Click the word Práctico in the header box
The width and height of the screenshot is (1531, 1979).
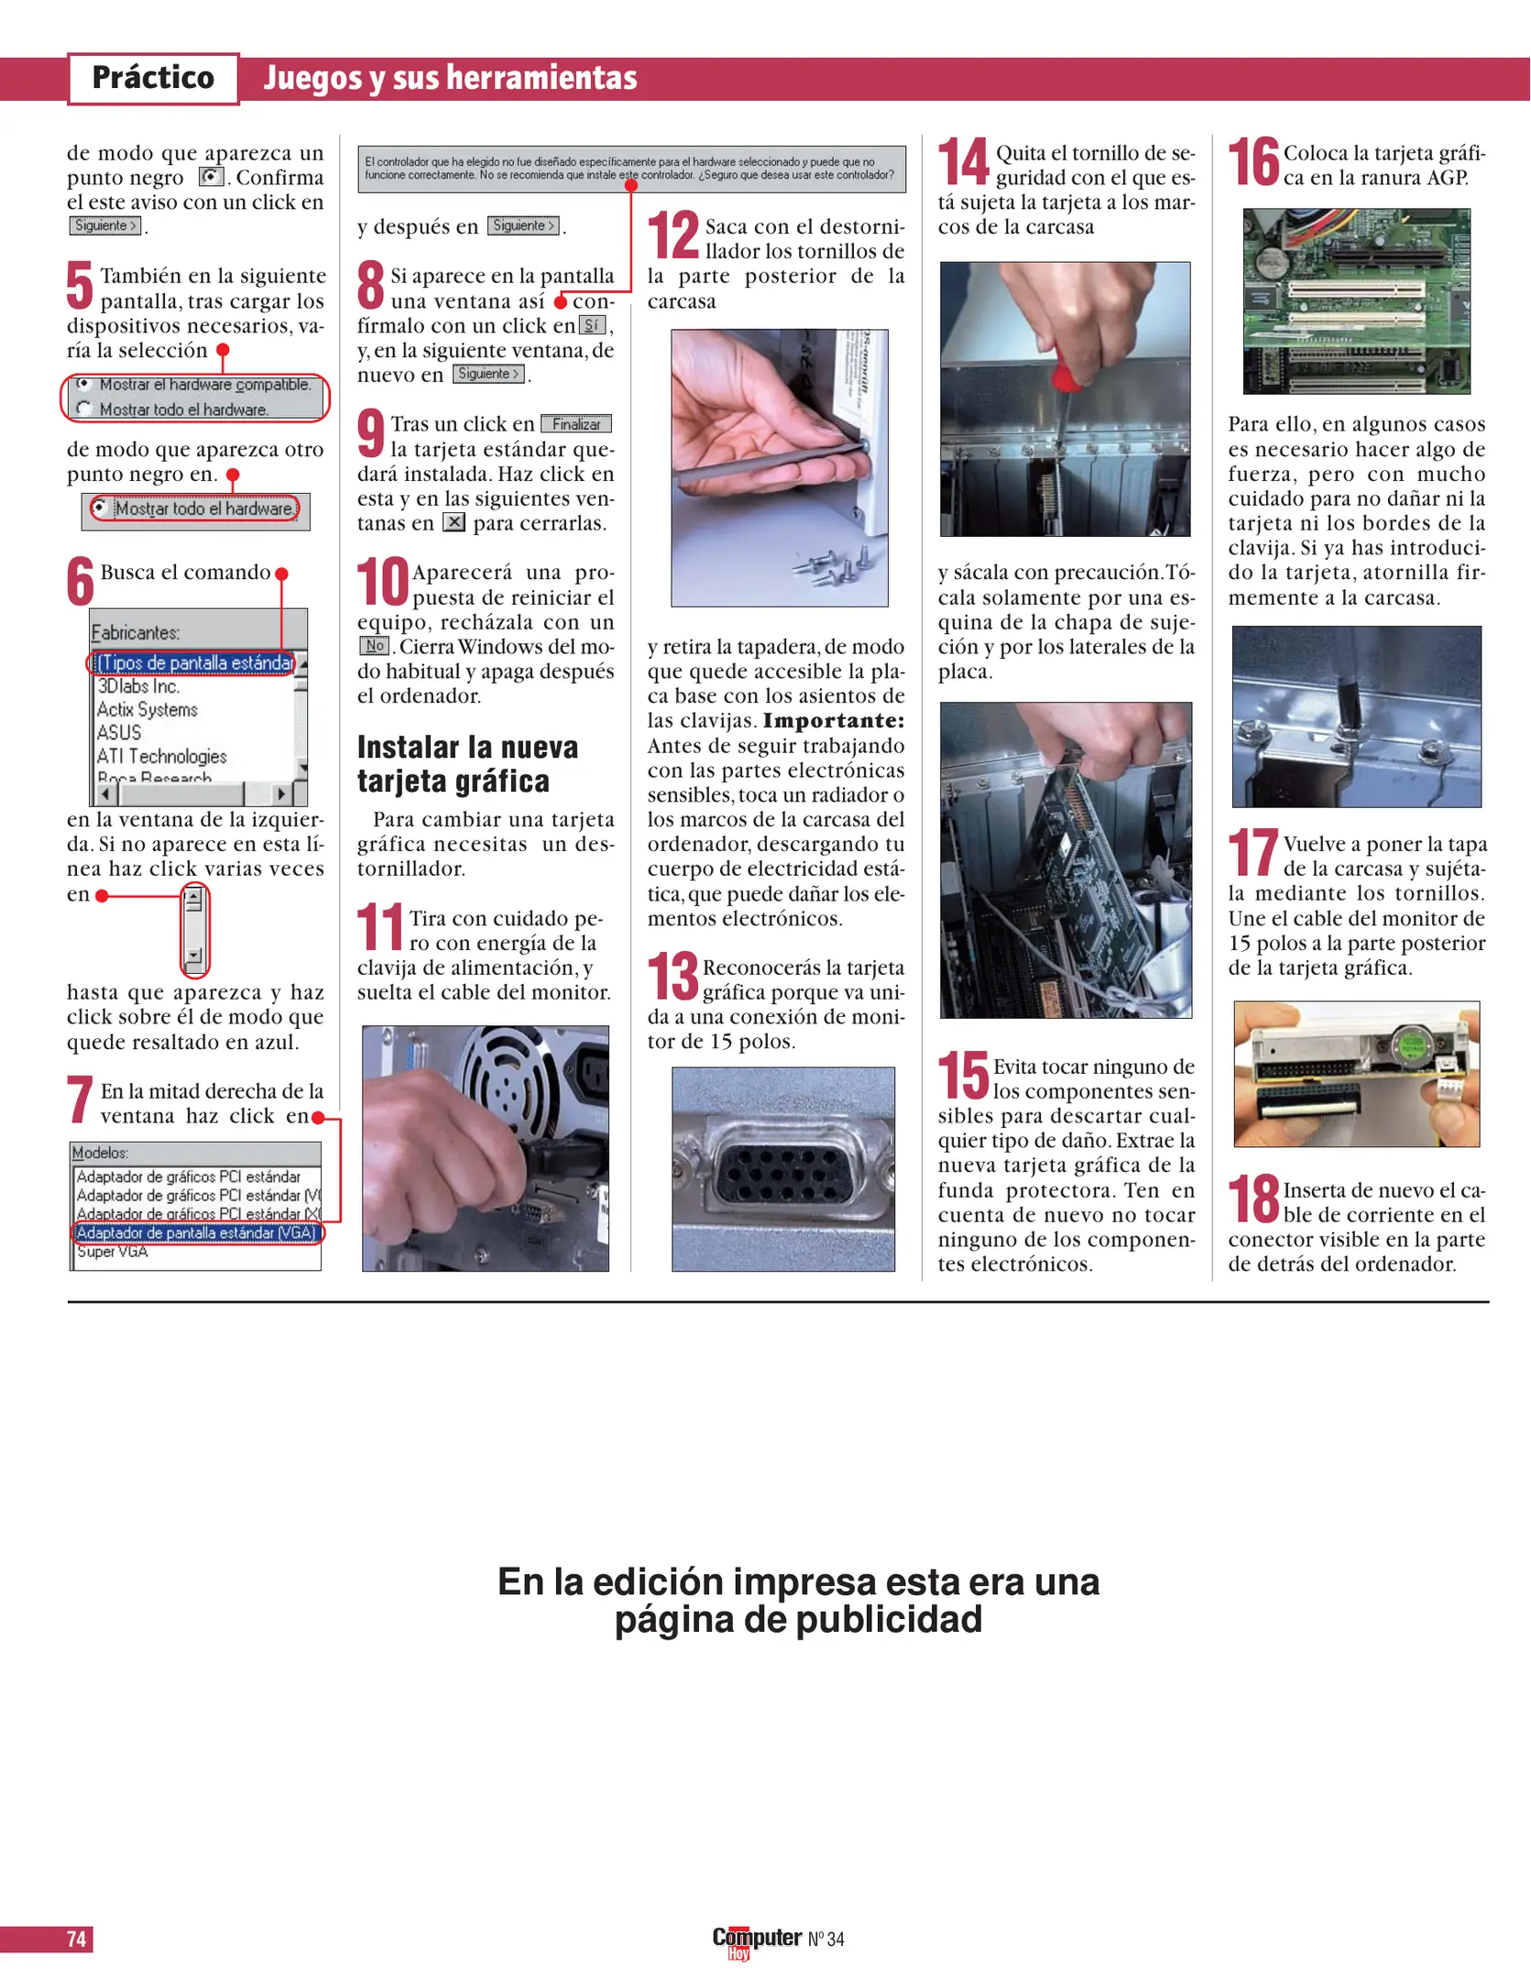pyautogui.click(x=153, y=78)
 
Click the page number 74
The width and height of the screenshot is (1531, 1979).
pyautogui.click(x=76, y=1939)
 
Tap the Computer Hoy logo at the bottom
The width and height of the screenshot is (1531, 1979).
pyautogui.click(x=756, y=1939)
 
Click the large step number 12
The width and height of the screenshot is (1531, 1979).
pyautogui.click(x=673, y=236)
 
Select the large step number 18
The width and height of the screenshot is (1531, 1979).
pyautogui.click(x=1252, y=1199)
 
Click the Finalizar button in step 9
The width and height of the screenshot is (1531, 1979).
pyautogui.click(x=576, y=424)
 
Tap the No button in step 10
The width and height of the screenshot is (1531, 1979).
pyautogui.click(x=374, y=646)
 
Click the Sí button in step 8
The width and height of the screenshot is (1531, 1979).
pyautogui.click(x=592, y=325)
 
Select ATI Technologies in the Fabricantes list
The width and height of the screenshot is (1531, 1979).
pyautogui.click(x=162, y=756)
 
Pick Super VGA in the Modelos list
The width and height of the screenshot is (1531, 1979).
pyautogui.click(x=112, y=1252)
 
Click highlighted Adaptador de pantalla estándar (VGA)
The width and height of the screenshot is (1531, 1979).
pyautogui.click(x=196, y=1232)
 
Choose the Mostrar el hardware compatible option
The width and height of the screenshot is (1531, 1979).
pyautogui.click(x=203, y=385)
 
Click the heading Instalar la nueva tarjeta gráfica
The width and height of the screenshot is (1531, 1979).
pyautogui.click(x=467, y=764)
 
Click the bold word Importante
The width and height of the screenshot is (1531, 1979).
pyautogui.click(x=833, y=721)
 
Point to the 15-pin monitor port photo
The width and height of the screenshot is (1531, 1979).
pyautogui.click(x=783, y=1168)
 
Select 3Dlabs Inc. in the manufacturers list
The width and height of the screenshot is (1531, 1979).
pyautogui.click(x=138, y=686)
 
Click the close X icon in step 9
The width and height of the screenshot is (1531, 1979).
pyautogui.click(x=454, y=522)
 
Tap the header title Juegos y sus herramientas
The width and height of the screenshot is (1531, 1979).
pyautogui.click(x=450, y=78)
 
